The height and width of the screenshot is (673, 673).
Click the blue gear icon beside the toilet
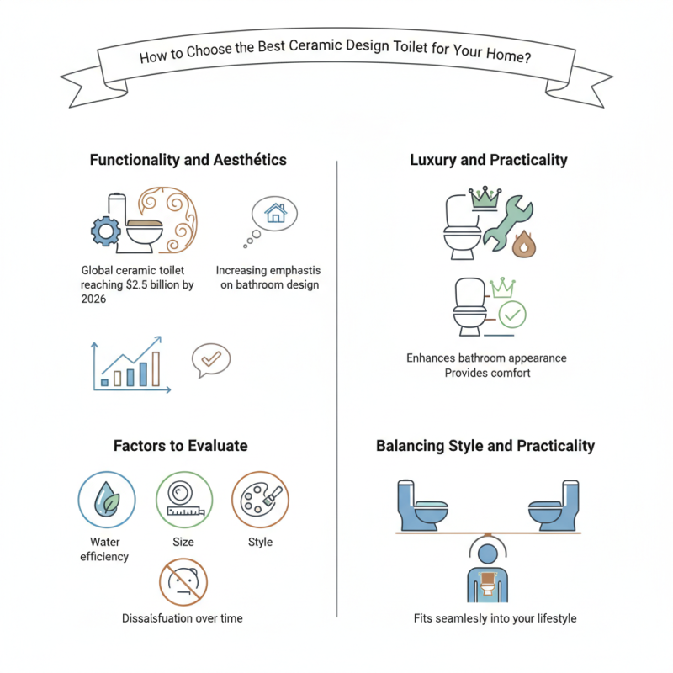point(106,231)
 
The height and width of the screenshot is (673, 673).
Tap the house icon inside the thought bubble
point(275,213)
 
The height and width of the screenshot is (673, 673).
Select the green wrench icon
point(508,222)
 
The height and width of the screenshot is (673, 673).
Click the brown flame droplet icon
point(523,244)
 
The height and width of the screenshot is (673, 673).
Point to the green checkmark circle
point(512,315)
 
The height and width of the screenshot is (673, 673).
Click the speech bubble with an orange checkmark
point(211,360)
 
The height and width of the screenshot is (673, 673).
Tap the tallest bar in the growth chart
point(156,369)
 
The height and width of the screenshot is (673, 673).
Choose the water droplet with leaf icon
point(107,500)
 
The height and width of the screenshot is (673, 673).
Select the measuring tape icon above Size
point(184,500)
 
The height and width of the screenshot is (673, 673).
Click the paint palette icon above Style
point(260,500)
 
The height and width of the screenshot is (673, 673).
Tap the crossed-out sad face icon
point(183,582)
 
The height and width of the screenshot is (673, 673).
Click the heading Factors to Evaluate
point(181,446)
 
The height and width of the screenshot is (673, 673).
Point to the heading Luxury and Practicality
point(489,160)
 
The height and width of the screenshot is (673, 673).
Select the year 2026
point(93,299)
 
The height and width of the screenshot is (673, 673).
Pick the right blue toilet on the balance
point(554,506)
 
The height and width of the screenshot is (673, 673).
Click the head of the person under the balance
point(488,554)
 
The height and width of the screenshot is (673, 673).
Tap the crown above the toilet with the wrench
point(485,198)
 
